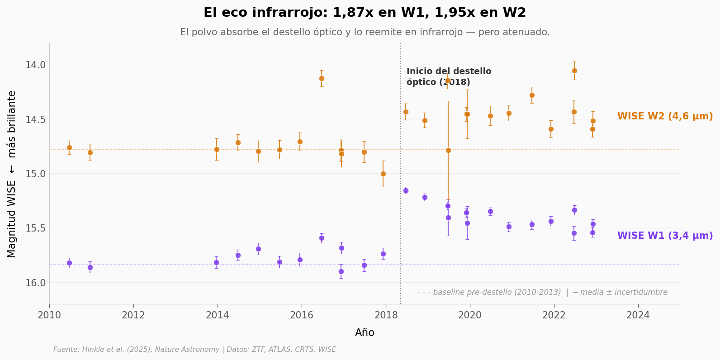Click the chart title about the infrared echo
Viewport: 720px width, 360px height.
(x=365, y=13)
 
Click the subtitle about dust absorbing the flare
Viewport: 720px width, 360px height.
(x=365, y=32)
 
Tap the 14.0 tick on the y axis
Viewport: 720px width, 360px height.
(x=35, y=65)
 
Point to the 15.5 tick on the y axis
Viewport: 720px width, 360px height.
(x=35, y=228)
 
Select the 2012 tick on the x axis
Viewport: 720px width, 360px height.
(x=133, y=315)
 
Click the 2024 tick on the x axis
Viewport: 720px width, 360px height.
(x=638, y=315)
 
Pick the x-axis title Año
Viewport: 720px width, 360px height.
(x=365, y=333)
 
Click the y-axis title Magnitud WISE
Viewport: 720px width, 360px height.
(x=12, y=174)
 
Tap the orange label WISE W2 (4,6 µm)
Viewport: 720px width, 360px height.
(x=665, y=116)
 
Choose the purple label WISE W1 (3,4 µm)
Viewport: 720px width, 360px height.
(x=665, y=236)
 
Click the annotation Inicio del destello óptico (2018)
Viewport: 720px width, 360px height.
(x=449, y=77)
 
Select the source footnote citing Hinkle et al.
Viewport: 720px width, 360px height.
(x=194, y=350)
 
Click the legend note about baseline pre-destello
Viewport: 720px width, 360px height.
(x=542, y=292)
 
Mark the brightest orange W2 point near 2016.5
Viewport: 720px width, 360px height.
(x=322, y=78)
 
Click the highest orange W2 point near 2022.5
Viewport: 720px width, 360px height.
(x=574, y=71)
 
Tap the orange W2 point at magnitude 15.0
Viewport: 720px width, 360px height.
(x=383, y=174)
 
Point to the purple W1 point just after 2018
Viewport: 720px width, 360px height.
(x=406, y=190)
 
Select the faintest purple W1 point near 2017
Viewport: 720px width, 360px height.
(x=341, y=271)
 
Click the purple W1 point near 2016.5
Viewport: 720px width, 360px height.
(x=322, y=238)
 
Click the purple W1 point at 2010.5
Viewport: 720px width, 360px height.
(x=69, y=263)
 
